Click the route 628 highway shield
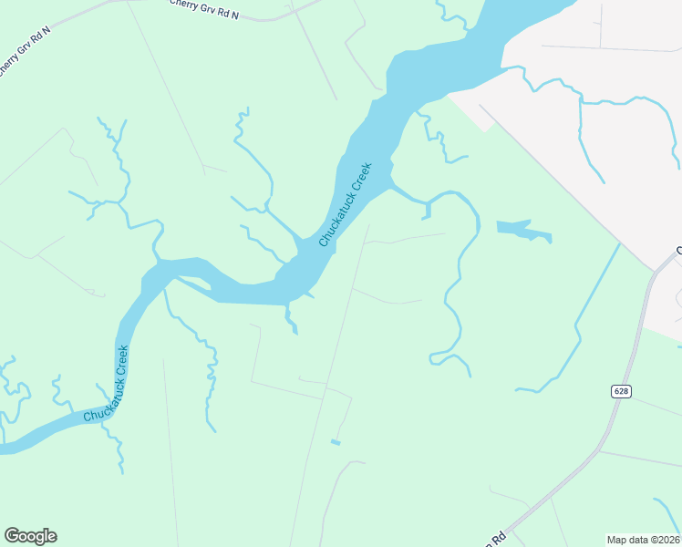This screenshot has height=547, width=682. coord(621,391)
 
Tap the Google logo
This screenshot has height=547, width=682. coord(30,536)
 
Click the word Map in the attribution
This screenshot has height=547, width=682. coord(618,540)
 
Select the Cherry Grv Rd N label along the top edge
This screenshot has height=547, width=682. coord(204,9)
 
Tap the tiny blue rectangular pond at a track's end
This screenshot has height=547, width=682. coord(336,442)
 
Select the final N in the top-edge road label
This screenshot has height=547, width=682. coord(235,16)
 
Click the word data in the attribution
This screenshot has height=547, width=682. coord(639,540)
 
